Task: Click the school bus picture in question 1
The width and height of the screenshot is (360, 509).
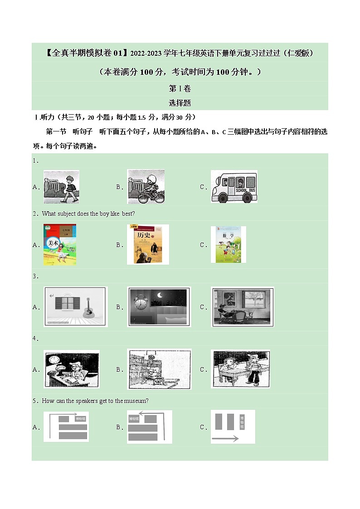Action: [x=234, y=186]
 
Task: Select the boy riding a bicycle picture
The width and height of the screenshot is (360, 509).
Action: [x=146, y=186]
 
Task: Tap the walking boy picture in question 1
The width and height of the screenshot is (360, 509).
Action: [x=62, y=186]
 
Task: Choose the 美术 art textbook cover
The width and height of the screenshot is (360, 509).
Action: [x=60, y=244]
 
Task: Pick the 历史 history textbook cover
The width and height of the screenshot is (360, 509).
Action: [x=148, y=244]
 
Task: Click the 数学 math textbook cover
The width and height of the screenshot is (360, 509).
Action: [x=231, y=244]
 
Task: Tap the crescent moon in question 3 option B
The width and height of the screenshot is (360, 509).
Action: [x=159, y=296]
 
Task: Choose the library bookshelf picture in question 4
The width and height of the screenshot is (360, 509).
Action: [x=159, y=369]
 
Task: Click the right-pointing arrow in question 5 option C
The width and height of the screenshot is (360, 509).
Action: [x=225, y=438]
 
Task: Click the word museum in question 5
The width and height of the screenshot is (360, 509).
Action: [x=137, y=401]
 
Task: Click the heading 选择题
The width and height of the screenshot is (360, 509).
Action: [x=180, y=103]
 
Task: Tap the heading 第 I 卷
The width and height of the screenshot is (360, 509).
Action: [x=180, y=88]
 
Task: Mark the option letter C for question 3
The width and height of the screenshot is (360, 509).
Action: [x=203, y=307]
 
